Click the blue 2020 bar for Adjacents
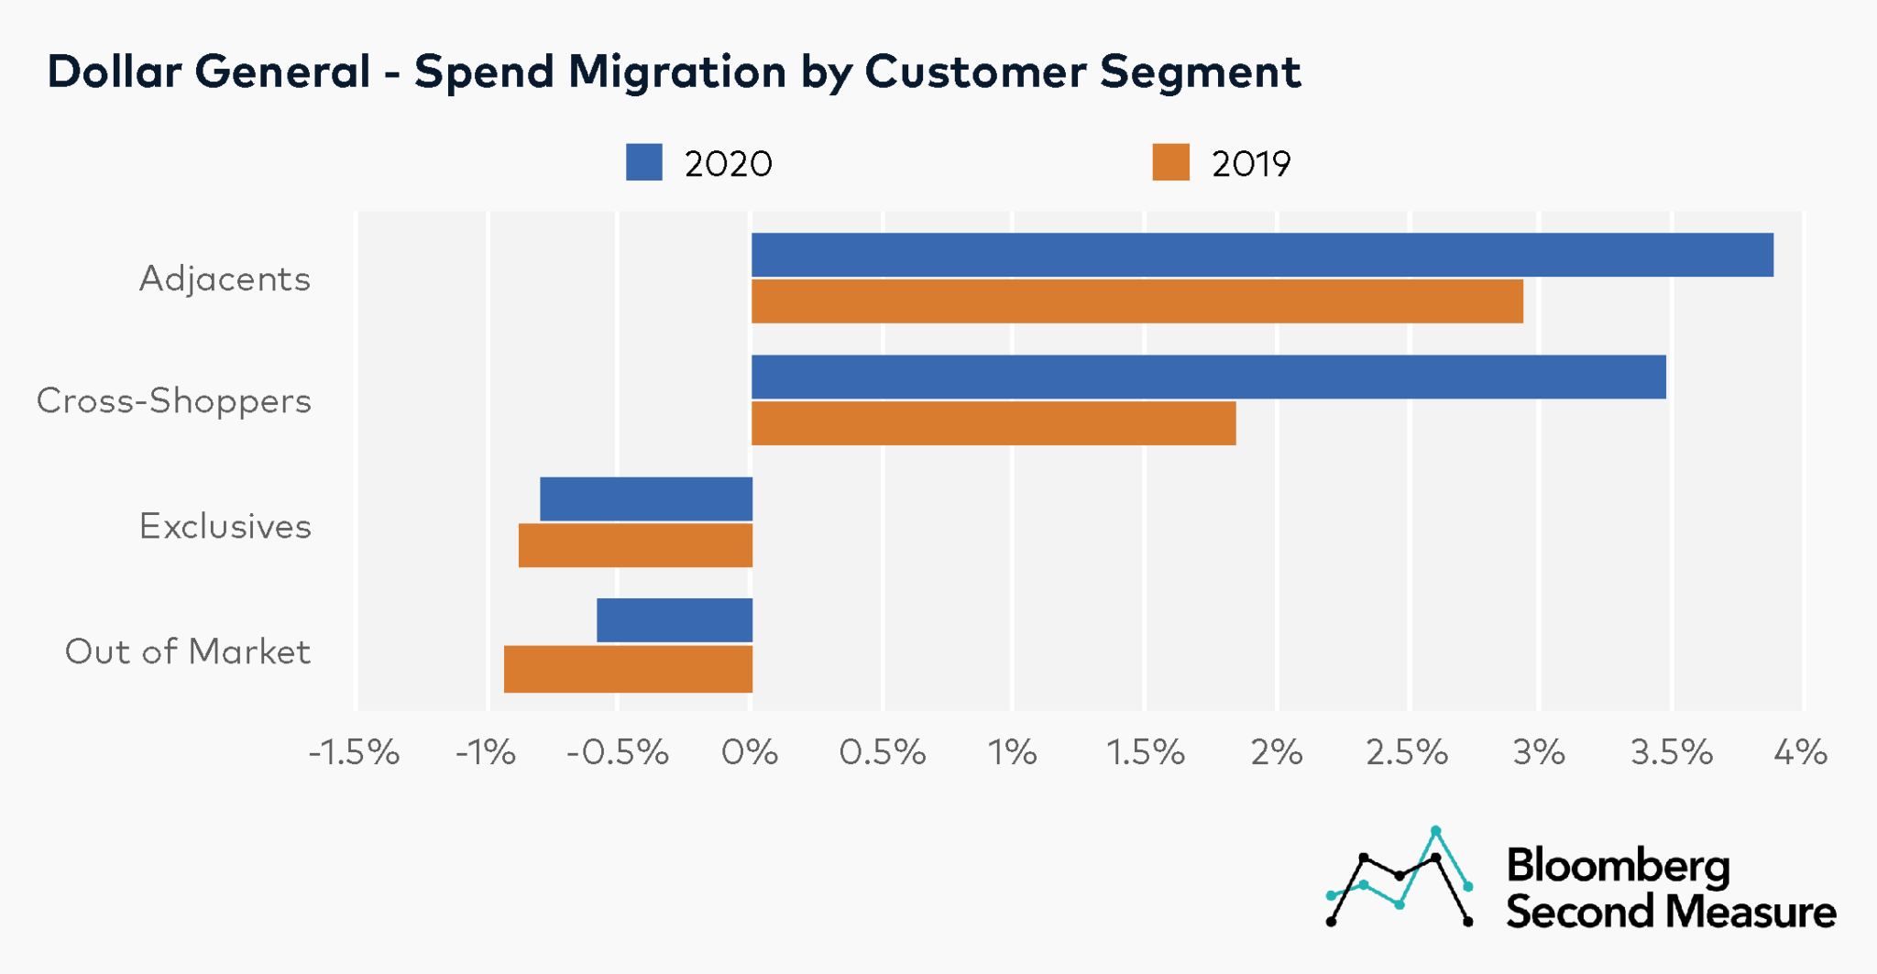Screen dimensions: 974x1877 [1262, 255]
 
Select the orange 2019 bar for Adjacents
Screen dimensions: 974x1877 [1136, 301]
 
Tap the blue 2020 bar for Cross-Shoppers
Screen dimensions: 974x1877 [1208, 377]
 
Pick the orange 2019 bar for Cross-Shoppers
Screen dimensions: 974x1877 [993, 423]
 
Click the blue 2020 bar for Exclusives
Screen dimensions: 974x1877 [646, 499]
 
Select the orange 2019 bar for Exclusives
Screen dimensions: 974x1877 [635, 545]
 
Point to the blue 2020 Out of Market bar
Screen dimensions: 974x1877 [675, 620]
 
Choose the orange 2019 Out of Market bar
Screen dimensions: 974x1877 [628, 669]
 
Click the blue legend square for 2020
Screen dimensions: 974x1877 [644, 162]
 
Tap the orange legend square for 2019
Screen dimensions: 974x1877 [1170, 162]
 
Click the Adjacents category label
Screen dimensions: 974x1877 [225, 279]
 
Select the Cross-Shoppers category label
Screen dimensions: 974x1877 [174, 401]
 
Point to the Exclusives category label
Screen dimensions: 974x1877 [225, 527]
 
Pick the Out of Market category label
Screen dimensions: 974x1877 [188, 651]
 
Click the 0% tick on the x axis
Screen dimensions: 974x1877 [750, 753]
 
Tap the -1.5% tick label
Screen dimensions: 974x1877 [355, 753]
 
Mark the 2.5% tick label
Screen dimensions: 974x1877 [1407, 753]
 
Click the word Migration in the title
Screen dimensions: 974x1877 [677, 71]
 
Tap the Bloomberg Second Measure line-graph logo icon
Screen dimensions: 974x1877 [1400, 878]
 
